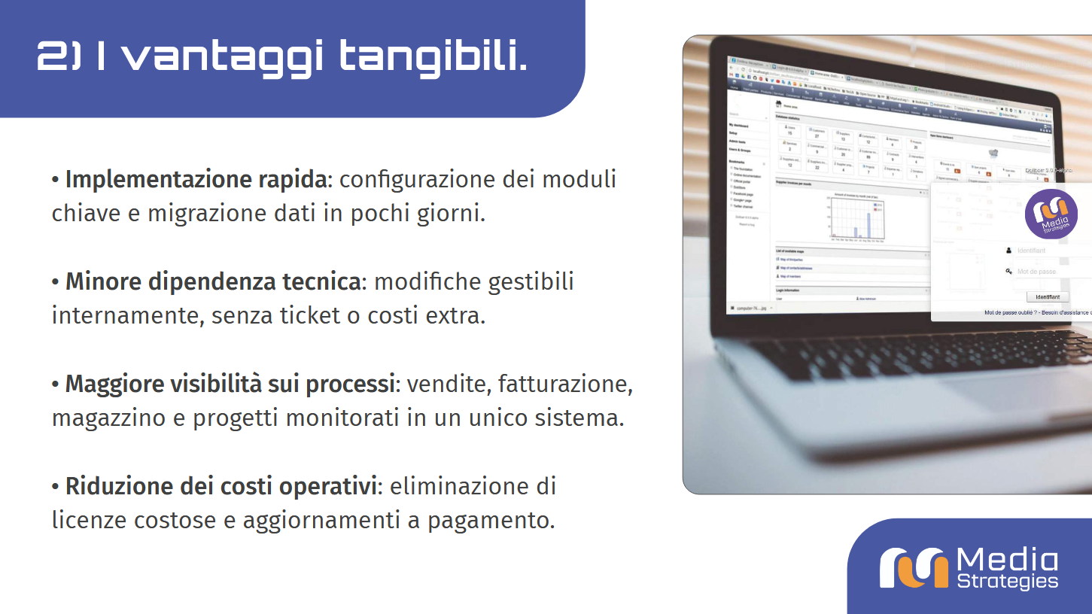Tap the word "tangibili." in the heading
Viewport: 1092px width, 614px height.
(432, 56)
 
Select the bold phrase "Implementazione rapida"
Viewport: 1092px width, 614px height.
(196, 180)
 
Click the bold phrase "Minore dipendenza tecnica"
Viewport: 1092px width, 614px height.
(212, 282)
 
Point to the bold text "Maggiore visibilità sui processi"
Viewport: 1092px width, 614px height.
(230, 385)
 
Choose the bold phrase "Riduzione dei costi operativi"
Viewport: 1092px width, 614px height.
(221, 487)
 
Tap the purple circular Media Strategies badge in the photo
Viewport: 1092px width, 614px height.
(1051, 214)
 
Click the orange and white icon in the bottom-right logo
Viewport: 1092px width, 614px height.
(914, 568)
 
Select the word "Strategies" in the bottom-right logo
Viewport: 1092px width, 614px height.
(1007, 581)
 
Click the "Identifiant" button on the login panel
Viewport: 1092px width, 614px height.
(1047, 297)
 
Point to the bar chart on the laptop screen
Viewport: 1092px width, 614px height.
(857, 219)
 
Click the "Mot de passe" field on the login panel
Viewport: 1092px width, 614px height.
(1050, 272)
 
